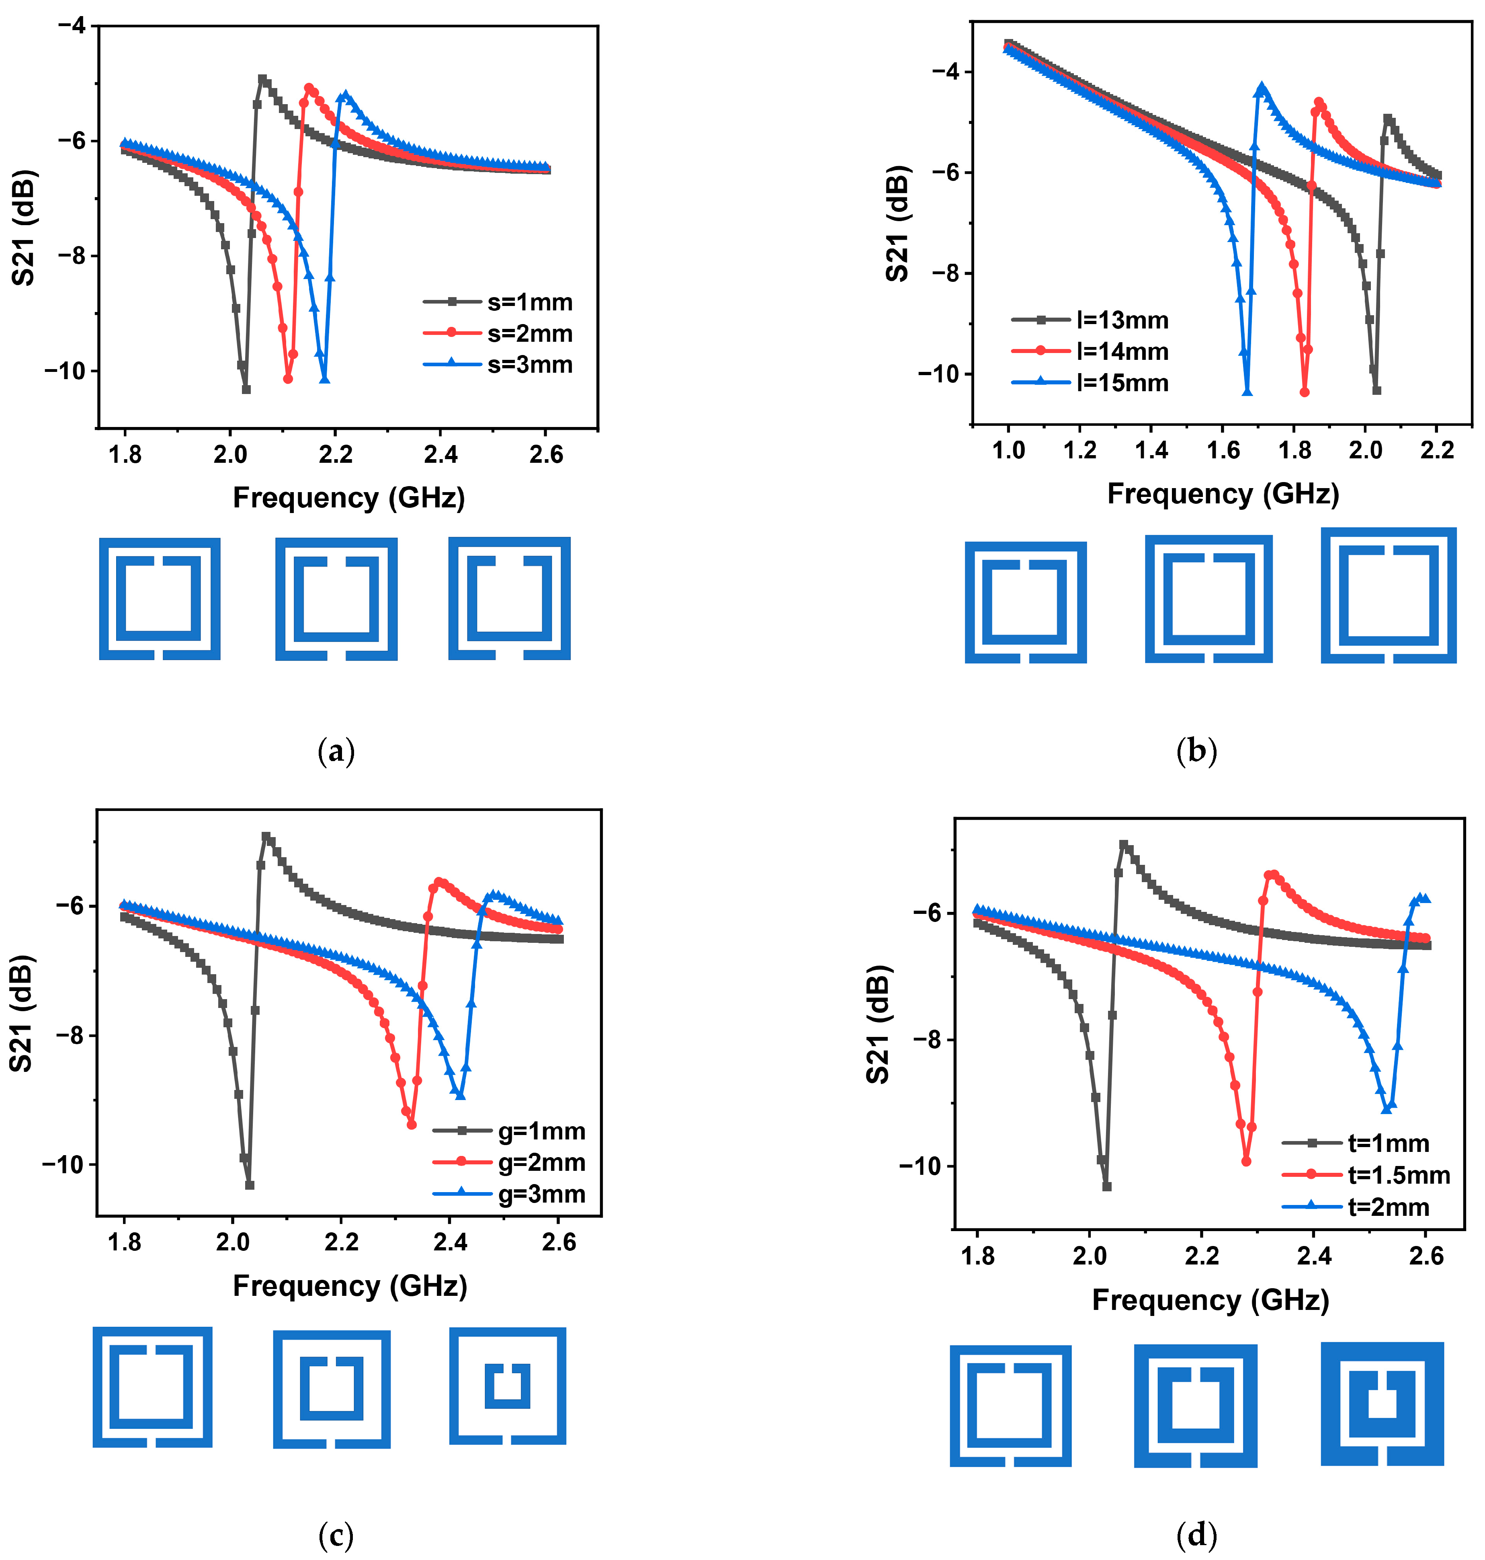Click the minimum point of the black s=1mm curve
pos(246,389)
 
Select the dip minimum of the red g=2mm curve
pos(412,1125)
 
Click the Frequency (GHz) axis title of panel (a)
pos(348,497)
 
